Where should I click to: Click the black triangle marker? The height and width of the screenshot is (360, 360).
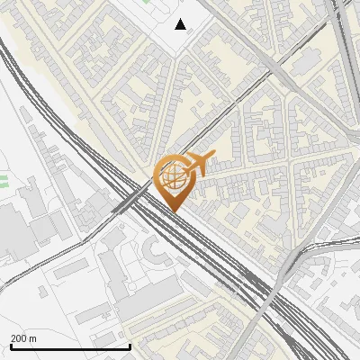click(x=181, y=24)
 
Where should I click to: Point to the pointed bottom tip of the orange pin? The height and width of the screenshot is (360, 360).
click(x=175, y=211)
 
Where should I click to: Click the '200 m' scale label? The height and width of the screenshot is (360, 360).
click(x=24, y=338)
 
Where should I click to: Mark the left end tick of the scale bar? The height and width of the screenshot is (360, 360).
click(x=10, y=346)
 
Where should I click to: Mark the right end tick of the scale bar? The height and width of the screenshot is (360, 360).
click(x=130, y=346)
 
